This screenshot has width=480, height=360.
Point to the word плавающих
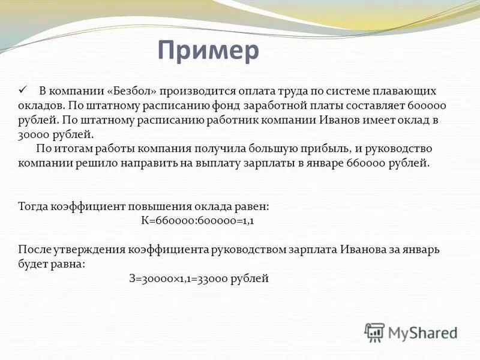point(404,91)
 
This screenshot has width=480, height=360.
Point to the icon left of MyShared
point(375,332)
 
